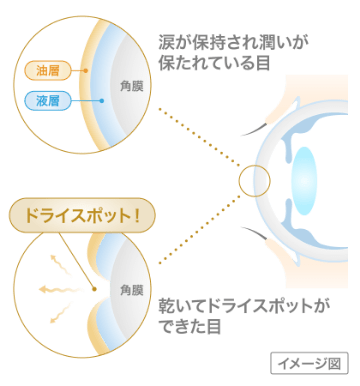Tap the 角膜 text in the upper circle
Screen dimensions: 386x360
click(x=130, y=86)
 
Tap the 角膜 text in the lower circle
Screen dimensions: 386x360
click(x=131, y=290)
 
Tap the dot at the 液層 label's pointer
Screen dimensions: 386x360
click(x=102, y=100)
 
